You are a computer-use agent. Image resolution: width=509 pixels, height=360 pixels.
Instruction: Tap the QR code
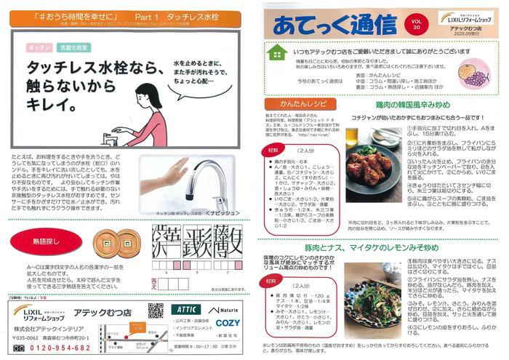click(156, 311)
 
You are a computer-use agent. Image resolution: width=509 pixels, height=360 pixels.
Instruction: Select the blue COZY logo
click(228, 322)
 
